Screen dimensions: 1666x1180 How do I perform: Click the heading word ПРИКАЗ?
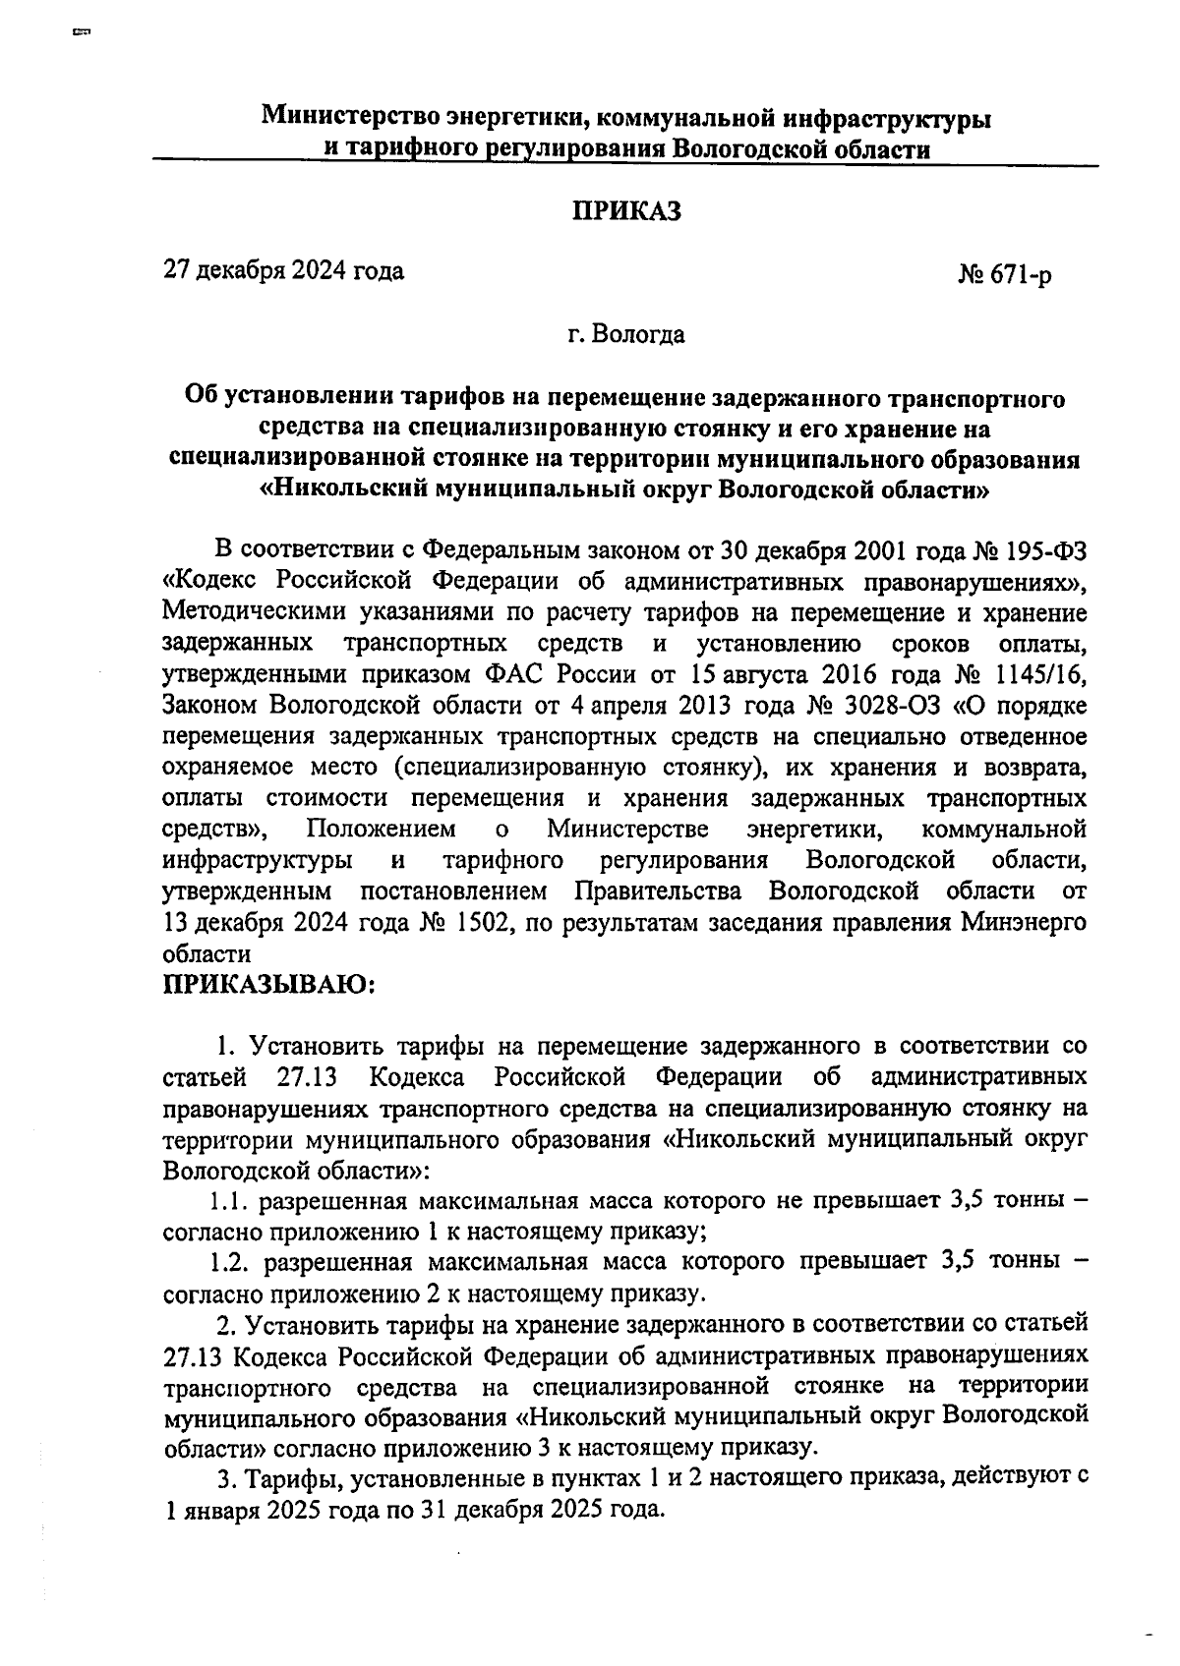[626, 211]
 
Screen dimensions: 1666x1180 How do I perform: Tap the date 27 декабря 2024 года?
[283, 269]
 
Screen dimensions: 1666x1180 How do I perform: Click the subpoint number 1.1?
[229, 1200]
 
